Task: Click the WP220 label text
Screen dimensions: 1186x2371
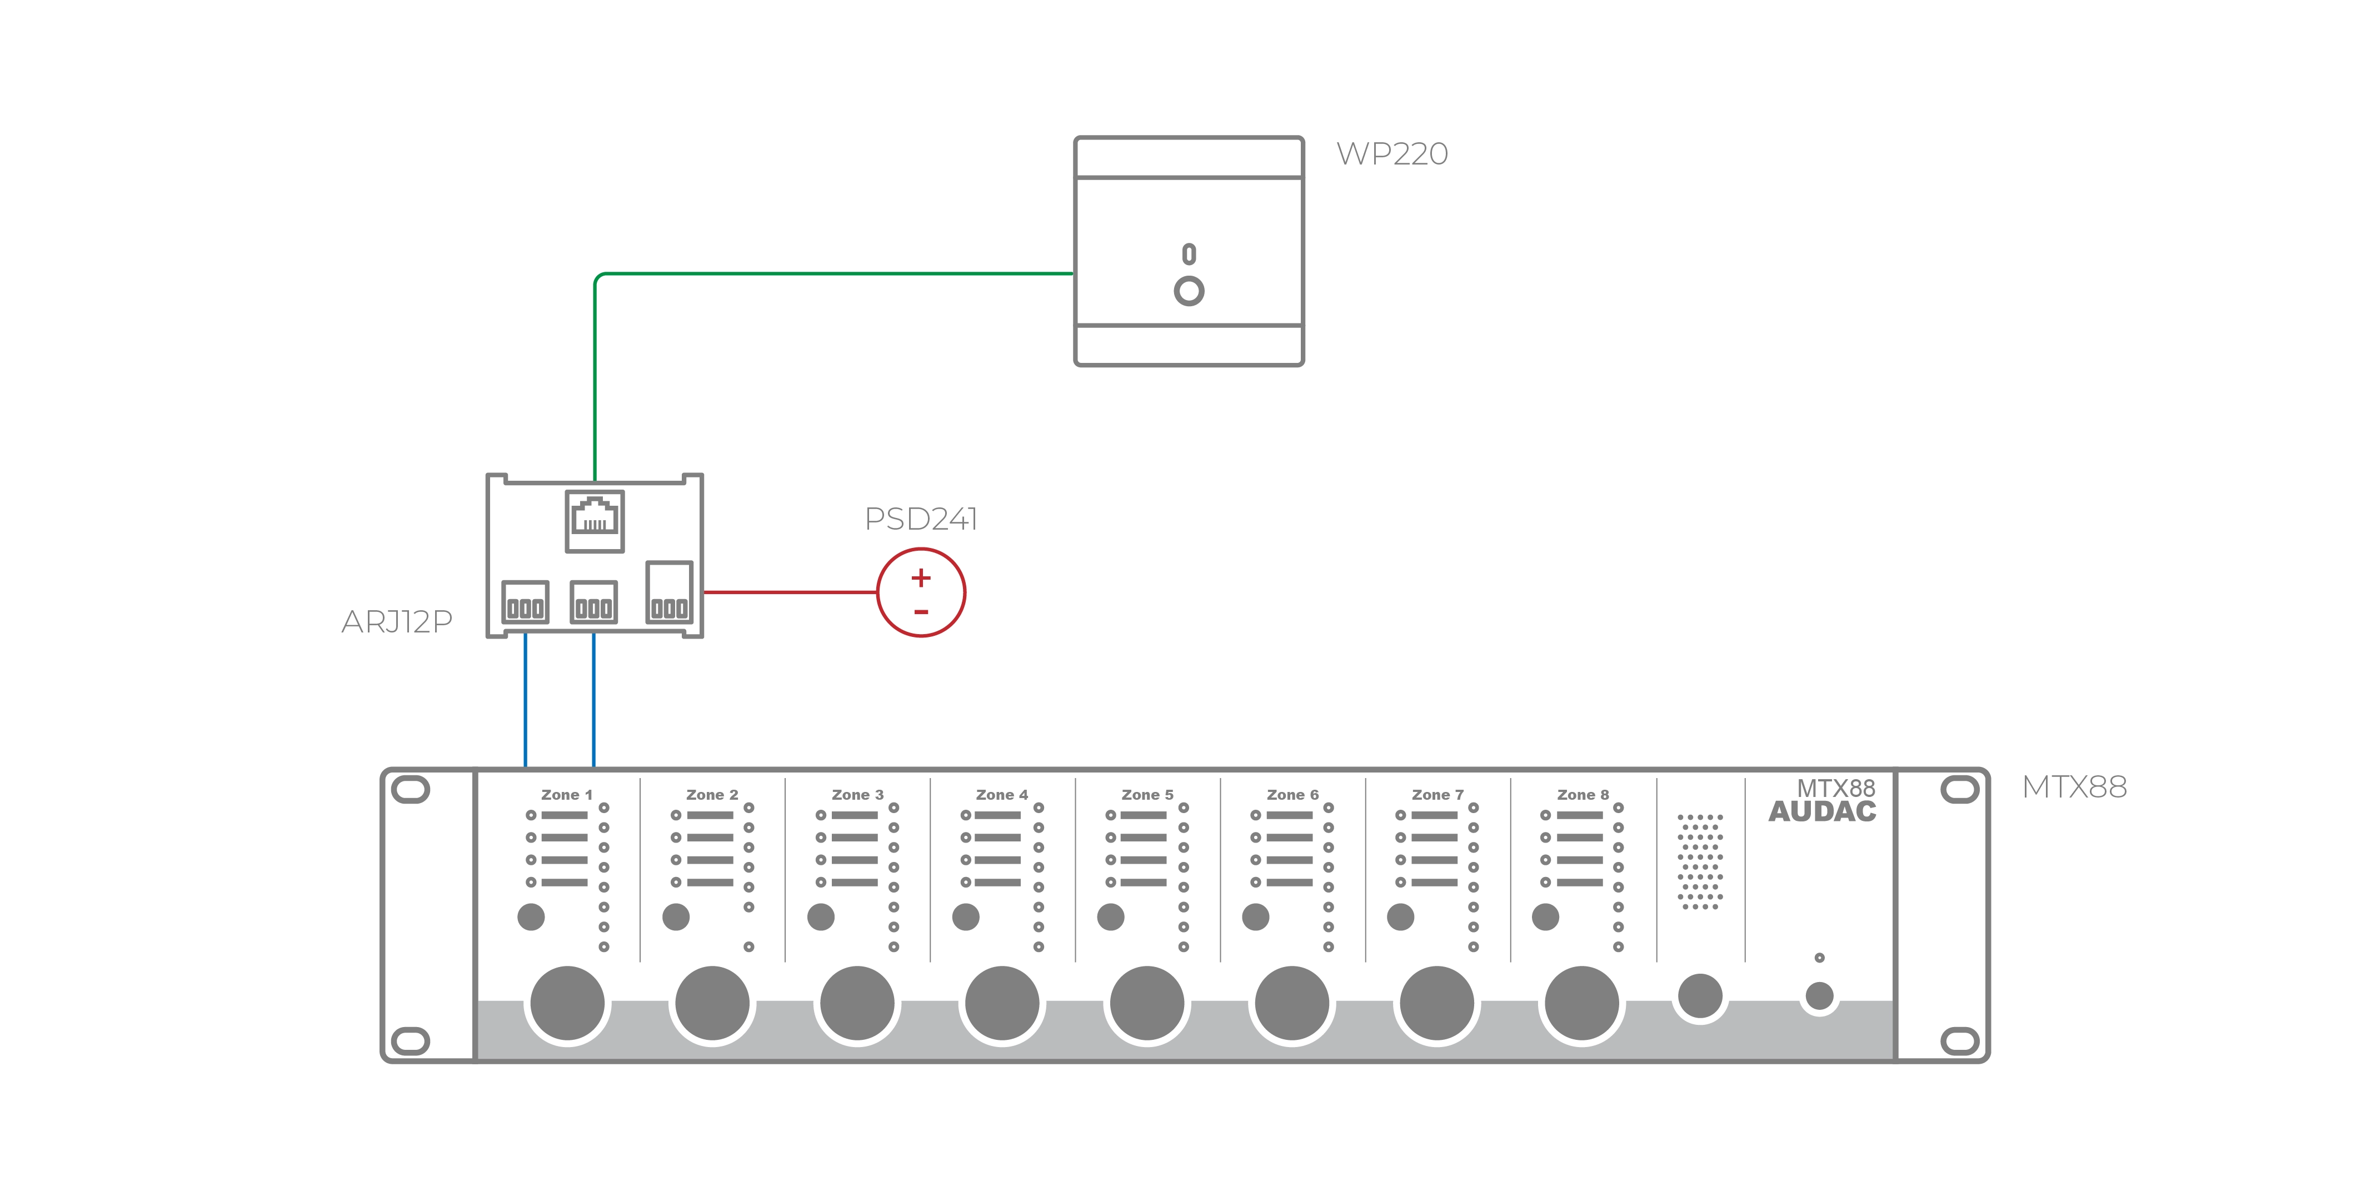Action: click(x=1392, y=154)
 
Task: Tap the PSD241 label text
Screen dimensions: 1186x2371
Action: click(x=920, y=519)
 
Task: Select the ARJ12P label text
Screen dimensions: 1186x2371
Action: click(x=397, y=622)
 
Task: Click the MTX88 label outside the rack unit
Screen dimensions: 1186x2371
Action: click(x=2074, y=788)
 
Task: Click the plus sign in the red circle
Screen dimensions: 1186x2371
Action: click(x=920, y=578)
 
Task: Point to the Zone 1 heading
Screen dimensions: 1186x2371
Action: click(x=566, y=795)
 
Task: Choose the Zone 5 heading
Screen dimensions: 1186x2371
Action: click(x=1147, y=795)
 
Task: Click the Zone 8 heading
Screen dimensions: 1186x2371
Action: click(x=1582, y=795)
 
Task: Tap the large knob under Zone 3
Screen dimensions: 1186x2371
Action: click(x=857, y=1003)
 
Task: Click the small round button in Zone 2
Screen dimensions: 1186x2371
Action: click(x=676, y=916)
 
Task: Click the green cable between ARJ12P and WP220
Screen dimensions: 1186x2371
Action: click(x=828, y=273)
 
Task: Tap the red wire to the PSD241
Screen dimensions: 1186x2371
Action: click(x=790, y=592)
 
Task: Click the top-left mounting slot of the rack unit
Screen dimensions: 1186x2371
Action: click(x=411, y=789)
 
